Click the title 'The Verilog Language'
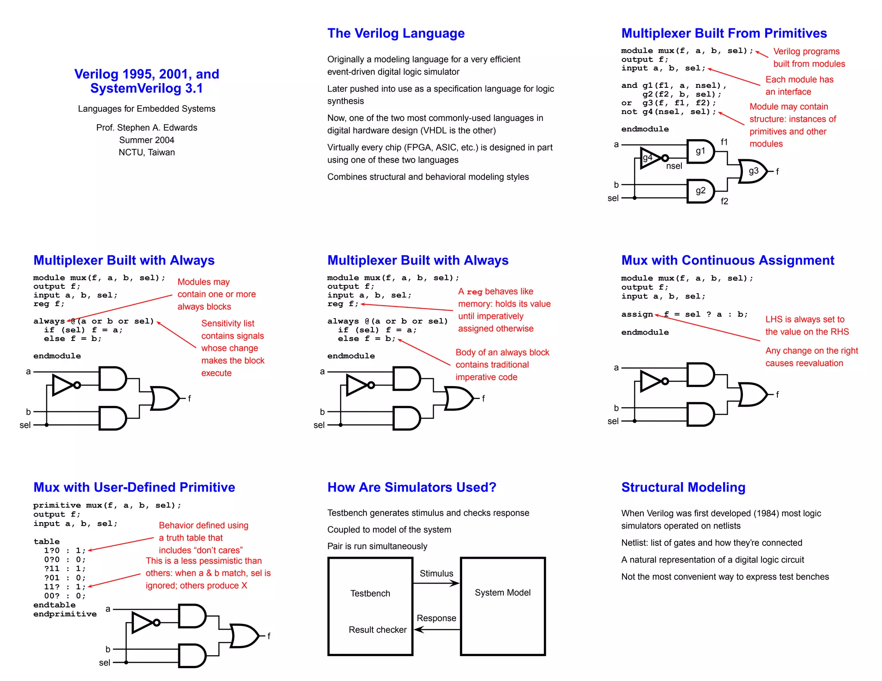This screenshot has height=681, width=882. [x=395, y=33]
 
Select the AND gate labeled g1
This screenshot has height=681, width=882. [x=700, y=151]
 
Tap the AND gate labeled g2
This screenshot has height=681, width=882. [x=700, y=191]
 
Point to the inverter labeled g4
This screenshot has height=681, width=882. [x=650, y=158]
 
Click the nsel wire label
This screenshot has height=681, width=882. [x=674, y=166]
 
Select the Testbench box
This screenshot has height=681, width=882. [x=370, y=606]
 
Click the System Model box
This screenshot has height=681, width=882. [x=503, y=606]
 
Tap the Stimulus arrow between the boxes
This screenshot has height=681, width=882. [x=436, y=583]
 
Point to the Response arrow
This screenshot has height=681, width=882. [x=436, y=629]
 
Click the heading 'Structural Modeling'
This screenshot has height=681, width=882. [x=683, y=487]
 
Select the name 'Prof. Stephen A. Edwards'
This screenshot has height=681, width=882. [x=146, y=127]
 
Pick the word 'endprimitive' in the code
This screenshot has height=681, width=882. [x=65, y=614]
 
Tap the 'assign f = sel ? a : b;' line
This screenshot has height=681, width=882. [x=684, y=314]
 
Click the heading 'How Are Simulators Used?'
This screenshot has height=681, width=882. [x=412, y=487]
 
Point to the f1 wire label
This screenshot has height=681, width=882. [x=724, y=142]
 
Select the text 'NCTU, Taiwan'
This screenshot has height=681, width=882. [x=146, y=152]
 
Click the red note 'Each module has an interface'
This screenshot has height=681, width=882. [x=799, y=85]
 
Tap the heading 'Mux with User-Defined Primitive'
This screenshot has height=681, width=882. [x=134, y=487]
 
